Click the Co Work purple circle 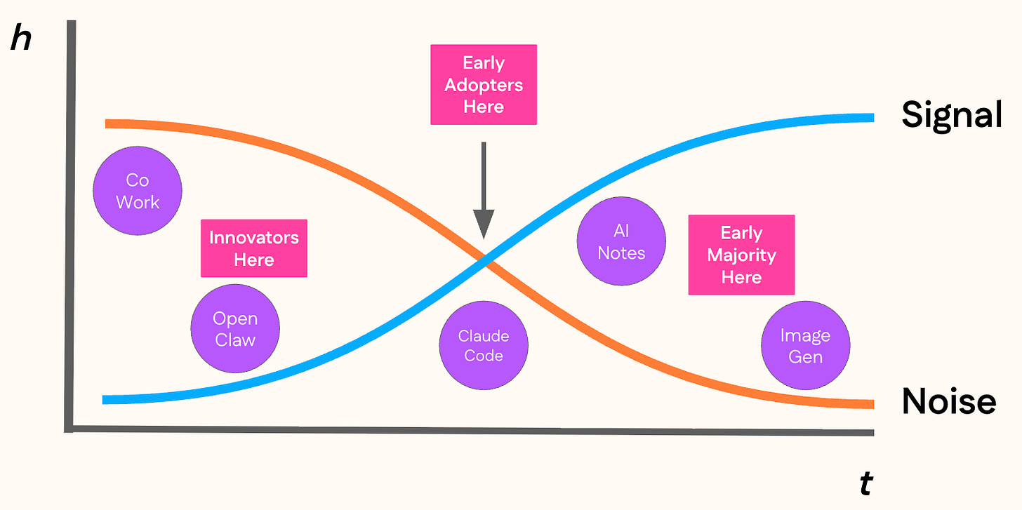click(138, 191)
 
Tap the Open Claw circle click(235, 328)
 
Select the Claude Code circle click(484, 345)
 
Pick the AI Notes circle click(621, 241)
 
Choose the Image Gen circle click(806, 345)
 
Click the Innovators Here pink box click(254, 248)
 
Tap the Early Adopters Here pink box click(484, 85)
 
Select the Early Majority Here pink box click(741, 255)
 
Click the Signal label click(951, 114)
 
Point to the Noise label click(949, 401)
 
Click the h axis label click(21, 40)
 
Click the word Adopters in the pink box click(484, 86)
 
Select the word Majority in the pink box click(741, 255)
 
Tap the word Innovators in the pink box click(254, 237)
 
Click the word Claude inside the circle click(484, 336)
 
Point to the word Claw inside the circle click(235, 340)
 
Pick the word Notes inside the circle click(621, 253)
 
